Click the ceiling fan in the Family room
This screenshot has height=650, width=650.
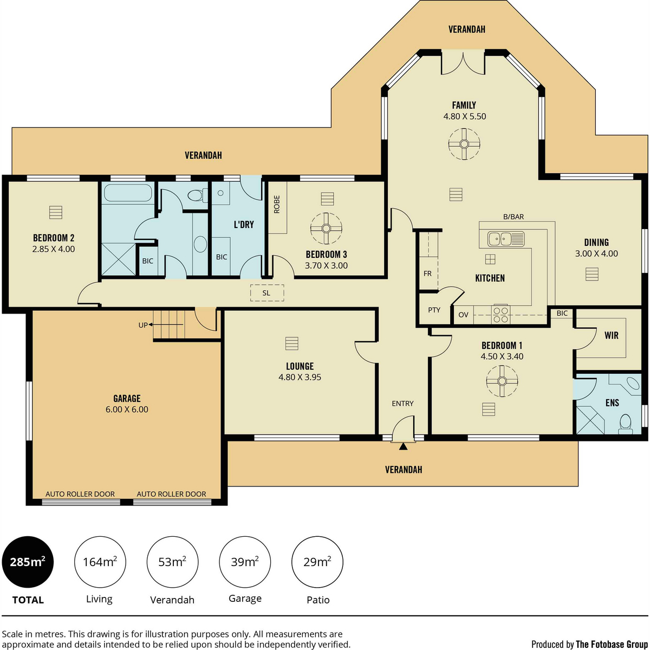[x=464, y=144]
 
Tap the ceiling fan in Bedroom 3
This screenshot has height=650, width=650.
[x=326, y=229]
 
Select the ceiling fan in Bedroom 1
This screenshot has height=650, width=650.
[x=502, y=381]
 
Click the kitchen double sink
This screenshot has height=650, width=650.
[x=505, y=239]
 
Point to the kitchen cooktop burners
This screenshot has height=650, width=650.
[x=500, y=314]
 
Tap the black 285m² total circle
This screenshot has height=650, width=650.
[x=28, y=562]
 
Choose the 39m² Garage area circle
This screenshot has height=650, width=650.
[x=245, y=562]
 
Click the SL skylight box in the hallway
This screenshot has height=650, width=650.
[x=267, y=293]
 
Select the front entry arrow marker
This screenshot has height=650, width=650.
[x=403, y=446]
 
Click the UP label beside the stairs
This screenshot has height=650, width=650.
[x=143, y=325]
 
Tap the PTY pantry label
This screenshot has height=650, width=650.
[x=434, y=310]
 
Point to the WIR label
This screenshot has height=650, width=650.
[x=612, y=335]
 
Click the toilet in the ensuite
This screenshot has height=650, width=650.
[x=625, y=424]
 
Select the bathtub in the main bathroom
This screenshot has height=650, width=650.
[x=128, y=193]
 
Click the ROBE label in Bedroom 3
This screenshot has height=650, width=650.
[x=277, y=204]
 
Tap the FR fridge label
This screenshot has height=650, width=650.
[x=427, y=274]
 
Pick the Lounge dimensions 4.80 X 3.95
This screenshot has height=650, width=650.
[x=300, y=377]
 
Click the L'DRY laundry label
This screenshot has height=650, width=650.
[x=244, y=224]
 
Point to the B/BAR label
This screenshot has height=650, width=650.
[x=513, y=217]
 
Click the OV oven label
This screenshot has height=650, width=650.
[x=463, y=315]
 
